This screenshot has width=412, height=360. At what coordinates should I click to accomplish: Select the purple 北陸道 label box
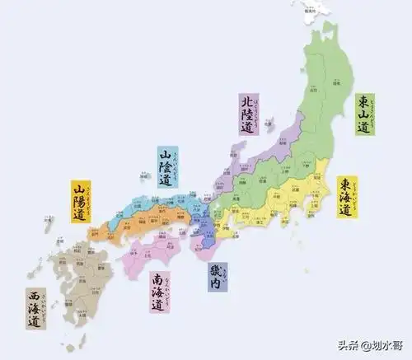pyautogui.click(x=247, y=114)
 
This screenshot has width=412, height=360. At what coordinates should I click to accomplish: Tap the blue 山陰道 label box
pyautogui.click(x=166, y=167)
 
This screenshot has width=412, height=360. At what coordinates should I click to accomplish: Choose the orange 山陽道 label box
pyautogui.click(x=79, y=202)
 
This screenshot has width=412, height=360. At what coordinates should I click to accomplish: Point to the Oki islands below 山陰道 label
pyautogui.click(x=143, y=176)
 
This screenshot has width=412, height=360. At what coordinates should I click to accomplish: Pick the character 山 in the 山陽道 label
pyautogui.click(x=79, y=190)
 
